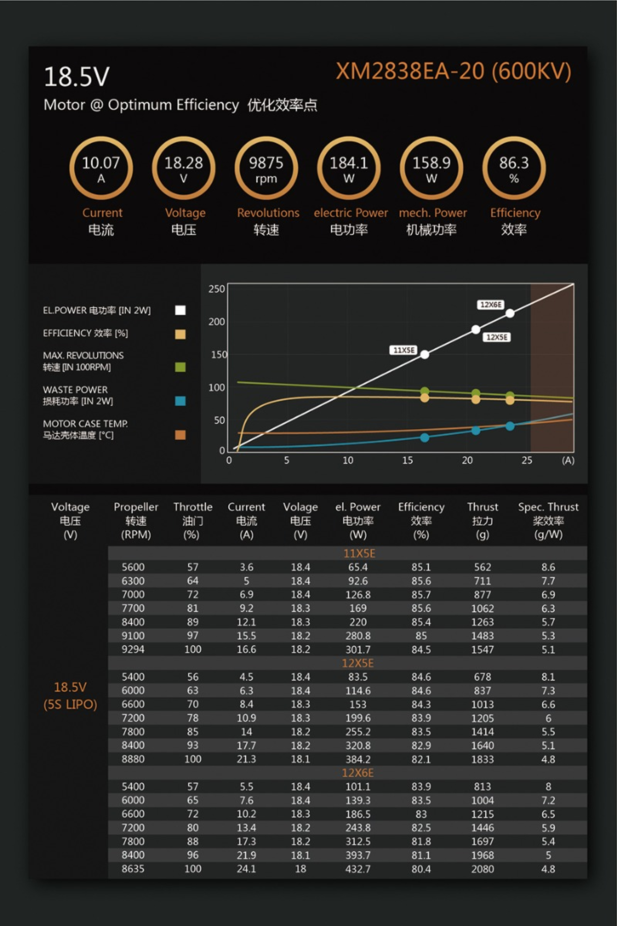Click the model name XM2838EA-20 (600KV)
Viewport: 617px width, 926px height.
453,72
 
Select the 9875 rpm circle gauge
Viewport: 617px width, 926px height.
266,168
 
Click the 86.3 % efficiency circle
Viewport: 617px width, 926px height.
514,168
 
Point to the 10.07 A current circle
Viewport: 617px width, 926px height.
101,168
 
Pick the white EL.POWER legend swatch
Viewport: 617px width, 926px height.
180,310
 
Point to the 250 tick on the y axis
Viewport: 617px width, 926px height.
216,289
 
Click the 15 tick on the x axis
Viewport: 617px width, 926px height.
407,460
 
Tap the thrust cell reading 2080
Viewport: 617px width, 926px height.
483,869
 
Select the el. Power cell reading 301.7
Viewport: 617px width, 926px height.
358,650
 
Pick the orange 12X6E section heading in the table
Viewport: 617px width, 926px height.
358,773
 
